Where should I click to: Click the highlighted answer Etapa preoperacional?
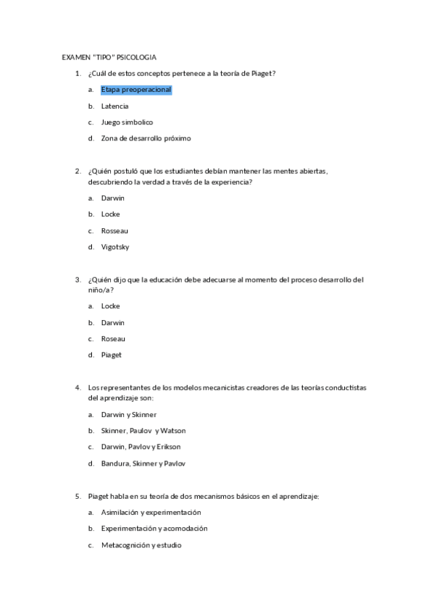click(x=136, y=90)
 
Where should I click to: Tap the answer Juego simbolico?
click(x=127, y=122)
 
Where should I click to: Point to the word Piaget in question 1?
click(x=261, y=73)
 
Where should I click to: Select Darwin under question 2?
click(x=113, y=198)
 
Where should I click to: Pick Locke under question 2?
click(x=110, y=214)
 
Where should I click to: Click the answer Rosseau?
click(x=114, y=231)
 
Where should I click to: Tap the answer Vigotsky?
click(x=116, y=247)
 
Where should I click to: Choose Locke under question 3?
click(x=110, y=306)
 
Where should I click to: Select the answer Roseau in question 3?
click(x=113, y=339)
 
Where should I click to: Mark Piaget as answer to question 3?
click(x=112, y=355)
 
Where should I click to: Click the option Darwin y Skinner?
click(x=128, y=415)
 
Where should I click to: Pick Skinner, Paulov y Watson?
click(x=143, y=431)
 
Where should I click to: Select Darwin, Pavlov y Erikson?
click(x=141, y=447)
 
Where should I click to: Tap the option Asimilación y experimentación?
click(x=151, y=513)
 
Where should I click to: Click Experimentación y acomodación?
click(x=154, y=529)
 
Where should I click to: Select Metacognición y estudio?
click(x=141, y=545)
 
